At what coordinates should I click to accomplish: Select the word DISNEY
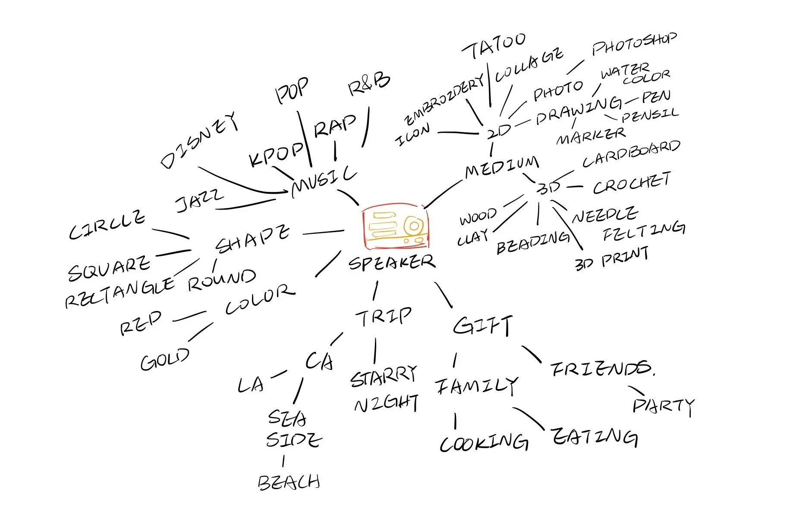[199, 139]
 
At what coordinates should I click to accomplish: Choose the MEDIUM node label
[502, 166]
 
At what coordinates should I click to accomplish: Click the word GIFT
[483, 325]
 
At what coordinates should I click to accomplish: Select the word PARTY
[663, 406]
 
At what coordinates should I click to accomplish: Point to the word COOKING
[484, 443]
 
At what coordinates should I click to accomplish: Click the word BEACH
[289, 482]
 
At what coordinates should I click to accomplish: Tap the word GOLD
[165, 359]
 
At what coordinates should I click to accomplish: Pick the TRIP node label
[383, 317]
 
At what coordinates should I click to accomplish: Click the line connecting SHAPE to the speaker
[324, 232]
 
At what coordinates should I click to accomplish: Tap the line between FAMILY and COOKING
[455, 421]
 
